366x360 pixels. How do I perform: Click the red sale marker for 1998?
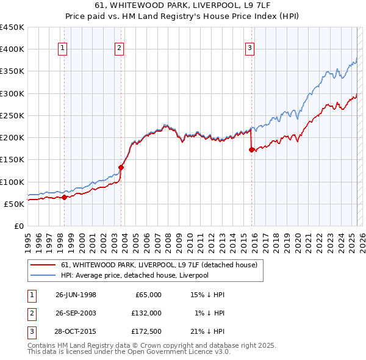pos(65,196)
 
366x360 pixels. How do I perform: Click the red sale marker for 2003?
pos(121,167)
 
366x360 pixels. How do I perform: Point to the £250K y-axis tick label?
pos(12,115)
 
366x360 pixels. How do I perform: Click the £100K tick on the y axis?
pos(12,182)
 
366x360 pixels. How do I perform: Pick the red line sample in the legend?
pos(43,265)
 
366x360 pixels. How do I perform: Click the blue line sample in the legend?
pos(43,275)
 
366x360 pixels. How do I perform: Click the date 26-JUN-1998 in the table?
pos(76,294)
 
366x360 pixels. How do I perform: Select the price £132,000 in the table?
pos(146,312)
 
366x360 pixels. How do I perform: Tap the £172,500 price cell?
pos(146,331)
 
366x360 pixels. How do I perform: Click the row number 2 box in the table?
pos(31,312)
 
